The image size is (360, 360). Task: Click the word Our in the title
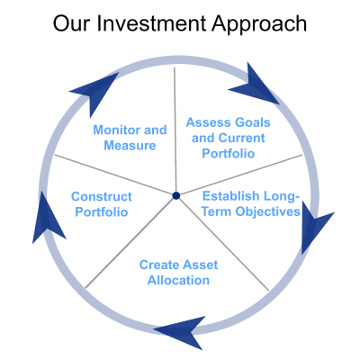point(71,23)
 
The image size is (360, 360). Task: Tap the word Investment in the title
point(151,23)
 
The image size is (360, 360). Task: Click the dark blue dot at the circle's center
point(176,195)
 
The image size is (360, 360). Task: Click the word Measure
point(130,146)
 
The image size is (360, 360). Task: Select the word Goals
point(253,122)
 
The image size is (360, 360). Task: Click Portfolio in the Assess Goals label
point(229,154)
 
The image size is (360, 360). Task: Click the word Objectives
point(267,211)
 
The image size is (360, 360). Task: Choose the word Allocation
point(178,281)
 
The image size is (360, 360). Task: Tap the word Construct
point(102,197)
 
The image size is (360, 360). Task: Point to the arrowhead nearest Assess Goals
point(255,86)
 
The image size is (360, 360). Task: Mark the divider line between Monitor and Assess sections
point(175,131)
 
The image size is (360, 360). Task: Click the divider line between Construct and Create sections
point(130,242)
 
